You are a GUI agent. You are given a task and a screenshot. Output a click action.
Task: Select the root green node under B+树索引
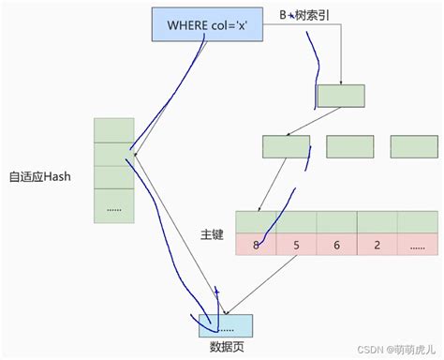click(x=341, y=95)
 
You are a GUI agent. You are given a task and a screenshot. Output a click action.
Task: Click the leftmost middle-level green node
click(x=286, y=146)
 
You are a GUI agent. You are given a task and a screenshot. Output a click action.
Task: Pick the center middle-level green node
click(x=349, y=146)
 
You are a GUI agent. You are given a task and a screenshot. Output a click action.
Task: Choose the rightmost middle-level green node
click(x=414, y=146)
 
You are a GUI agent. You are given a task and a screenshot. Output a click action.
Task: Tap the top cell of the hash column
click(x=114, y=130)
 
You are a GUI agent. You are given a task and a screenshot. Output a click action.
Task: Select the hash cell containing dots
click(x=114, y=207)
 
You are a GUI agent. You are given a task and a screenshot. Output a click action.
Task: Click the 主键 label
click(x=213, y=233)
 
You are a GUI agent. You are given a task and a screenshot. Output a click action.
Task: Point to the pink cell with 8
click(x=256, y=245)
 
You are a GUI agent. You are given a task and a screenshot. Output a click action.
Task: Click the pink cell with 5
click(x=296, y=245)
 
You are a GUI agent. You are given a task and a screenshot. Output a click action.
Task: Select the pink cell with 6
click(x=337, y=245)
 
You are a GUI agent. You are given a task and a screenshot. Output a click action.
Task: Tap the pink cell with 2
click(x=377, y=245)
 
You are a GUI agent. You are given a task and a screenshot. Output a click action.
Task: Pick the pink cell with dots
click(x=417, y=245)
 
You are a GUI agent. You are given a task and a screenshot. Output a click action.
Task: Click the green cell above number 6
click(x=337, y=222)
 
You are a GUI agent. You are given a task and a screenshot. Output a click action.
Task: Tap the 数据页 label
click(x=226, y=349)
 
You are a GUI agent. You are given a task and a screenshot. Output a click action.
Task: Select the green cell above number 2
click(x=377, y=222)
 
